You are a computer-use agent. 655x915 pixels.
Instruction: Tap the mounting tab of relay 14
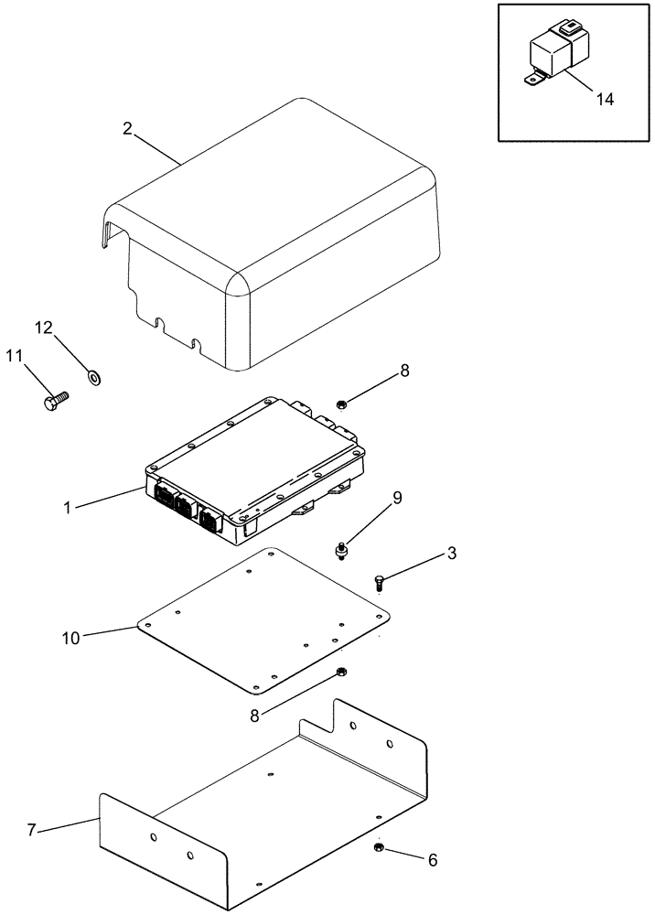tap(532, 80)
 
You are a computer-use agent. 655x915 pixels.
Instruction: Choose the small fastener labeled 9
tap(340, 549)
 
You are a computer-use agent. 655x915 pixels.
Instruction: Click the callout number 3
tap(427, 554)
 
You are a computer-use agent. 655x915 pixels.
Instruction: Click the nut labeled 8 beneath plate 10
tap(340, 673)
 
